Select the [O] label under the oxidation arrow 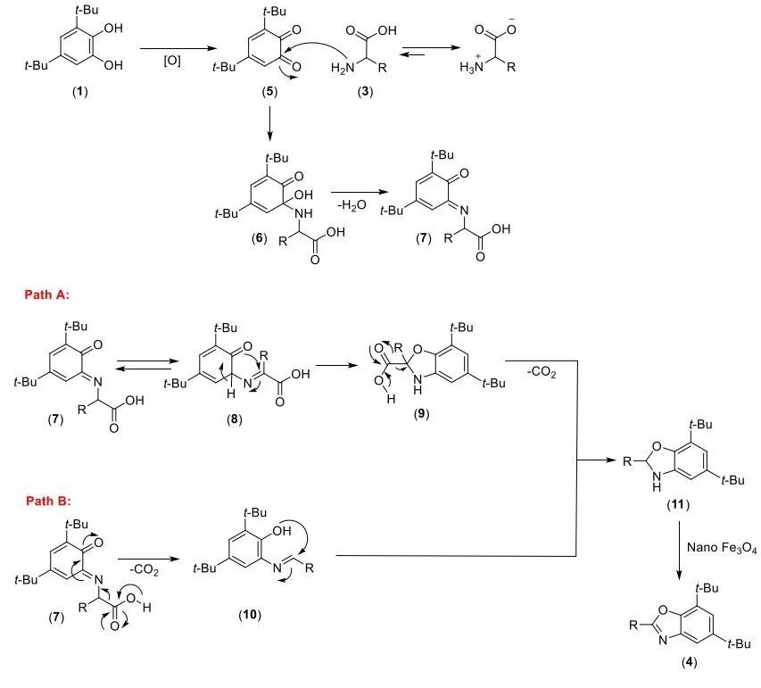coord(172,62)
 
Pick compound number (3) coord(368,93)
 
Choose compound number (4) coord(677,662)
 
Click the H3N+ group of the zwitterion coord(470,70)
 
